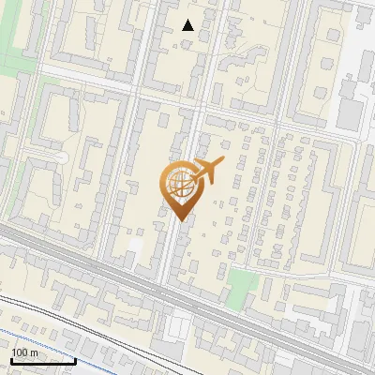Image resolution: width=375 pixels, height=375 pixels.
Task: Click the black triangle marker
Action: pyautogui.click(x=187, y=25)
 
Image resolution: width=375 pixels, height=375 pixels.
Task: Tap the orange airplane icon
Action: pyautogui.click(x=207, y=171)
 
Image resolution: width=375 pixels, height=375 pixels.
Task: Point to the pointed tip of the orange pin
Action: pyautogui.click(x=179, y=221)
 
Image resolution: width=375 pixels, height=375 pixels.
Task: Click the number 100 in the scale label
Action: pyautogui.click(x=19, y=352)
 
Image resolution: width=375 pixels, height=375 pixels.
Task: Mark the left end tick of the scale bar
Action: pyautogui.click(x=10, y=360)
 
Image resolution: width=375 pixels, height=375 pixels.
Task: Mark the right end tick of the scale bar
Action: pyautogui.click(x=75, y=360)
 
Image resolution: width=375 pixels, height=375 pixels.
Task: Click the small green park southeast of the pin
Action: pyautogui.click(x=242, y=282)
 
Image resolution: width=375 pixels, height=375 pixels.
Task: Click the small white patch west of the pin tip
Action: pyautogui.click(x=137, y=246)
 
